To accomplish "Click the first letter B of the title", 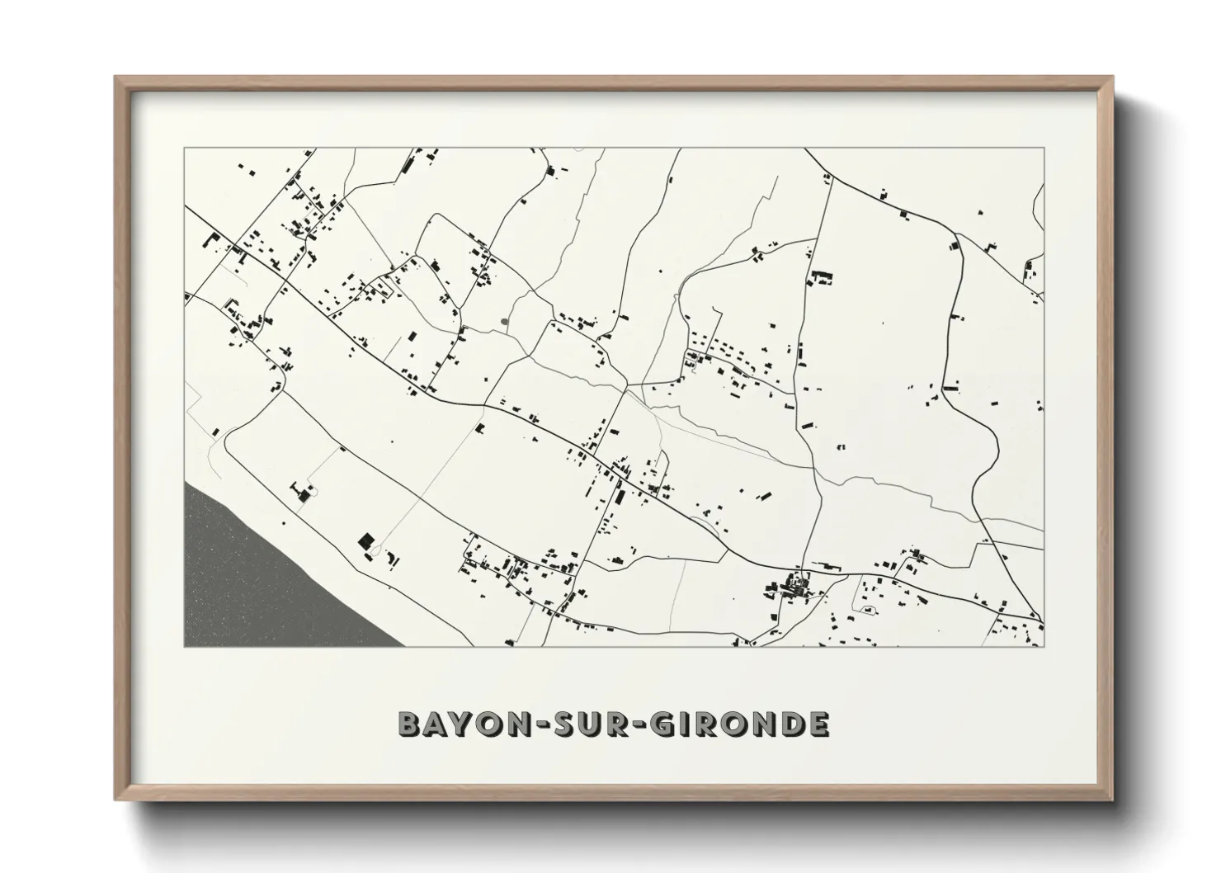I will [409, 724].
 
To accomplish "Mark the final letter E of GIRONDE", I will [818, 724].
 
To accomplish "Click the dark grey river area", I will [239, 578].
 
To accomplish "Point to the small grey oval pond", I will [505, 321].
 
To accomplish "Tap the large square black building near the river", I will [365, 541].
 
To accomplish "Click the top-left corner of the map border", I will [184, 149].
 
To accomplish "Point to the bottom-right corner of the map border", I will [1044, 646].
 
